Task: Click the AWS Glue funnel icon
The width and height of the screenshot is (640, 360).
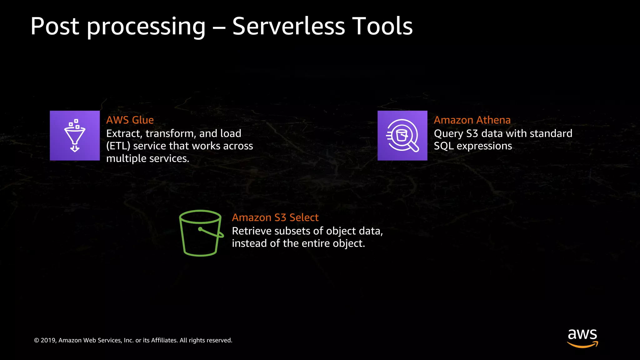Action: [x=75, y=136]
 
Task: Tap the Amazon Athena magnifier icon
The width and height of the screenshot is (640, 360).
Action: [x=402, y=136]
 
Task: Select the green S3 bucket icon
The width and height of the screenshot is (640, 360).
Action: [x=201, y=233]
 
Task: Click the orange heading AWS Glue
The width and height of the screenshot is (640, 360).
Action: [x=130, y=120]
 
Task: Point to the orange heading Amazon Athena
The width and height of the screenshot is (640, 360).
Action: [x=472, y=120]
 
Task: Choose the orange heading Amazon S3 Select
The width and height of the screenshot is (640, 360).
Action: [x=275, y=217]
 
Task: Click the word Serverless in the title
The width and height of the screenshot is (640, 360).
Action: [x=288, y=26]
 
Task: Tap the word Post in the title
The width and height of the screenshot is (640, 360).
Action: [x=55, y=26]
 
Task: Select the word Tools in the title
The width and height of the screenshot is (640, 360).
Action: [x=382, y=26]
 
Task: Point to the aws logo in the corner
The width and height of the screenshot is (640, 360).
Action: [x=582, y=337]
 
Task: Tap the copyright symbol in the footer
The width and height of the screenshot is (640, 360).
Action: [x=37, y=341]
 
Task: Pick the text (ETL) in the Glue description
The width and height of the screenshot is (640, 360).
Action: [x=118, y=146]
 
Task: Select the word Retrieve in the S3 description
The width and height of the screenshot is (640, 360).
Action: [x=252, y=231]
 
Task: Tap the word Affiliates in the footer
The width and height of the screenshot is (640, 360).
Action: [x=164, y=340]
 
